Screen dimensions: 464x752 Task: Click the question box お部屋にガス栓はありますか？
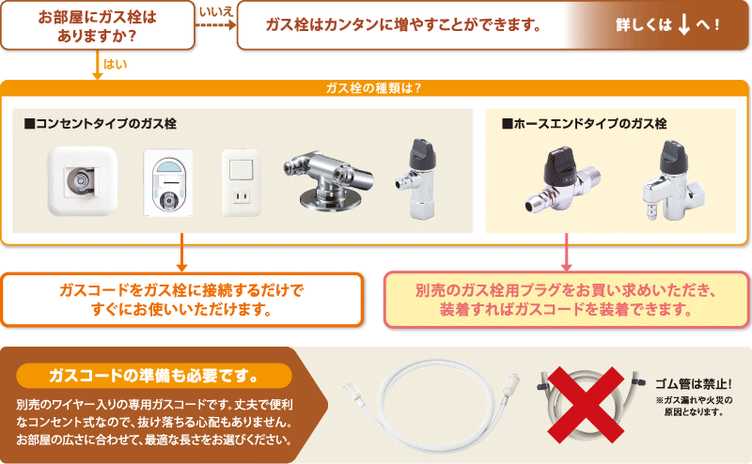[98, 24]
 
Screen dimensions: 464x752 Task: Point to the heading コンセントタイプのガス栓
[101, 123]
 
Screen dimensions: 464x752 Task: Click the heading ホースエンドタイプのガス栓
[584, 123]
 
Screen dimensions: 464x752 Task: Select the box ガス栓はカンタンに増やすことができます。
[404, 24]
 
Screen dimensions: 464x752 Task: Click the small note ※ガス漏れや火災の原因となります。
[693, 406]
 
